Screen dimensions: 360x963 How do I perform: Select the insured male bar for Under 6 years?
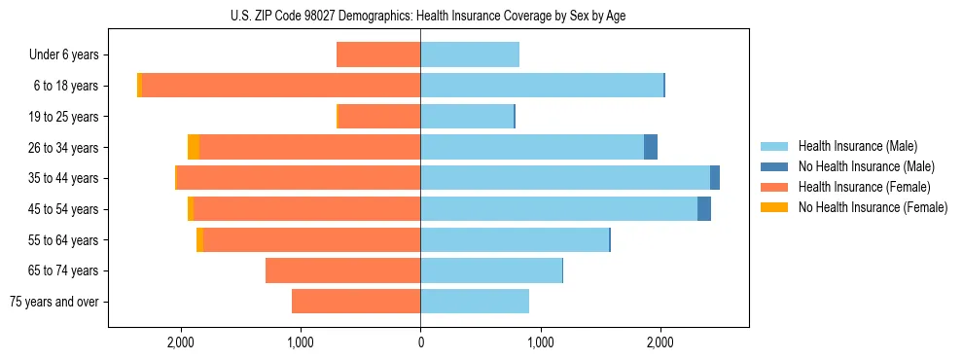[x=470, y=54]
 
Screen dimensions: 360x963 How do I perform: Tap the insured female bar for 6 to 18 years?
[x=281, y=86]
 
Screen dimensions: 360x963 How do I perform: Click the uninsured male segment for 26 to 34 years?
[x=651, y=147]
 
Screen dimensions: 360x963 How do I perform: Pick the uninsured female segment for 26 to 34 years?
[x=194, y=147]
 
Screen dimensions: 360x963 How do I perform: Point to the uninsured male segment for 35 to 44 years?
[x=715, y=178]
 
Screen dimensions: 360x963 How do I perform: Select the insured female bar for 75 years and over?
[x=356, y=302]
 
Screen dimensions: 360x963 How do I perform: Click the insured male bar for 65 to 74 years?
[x=491, y=270]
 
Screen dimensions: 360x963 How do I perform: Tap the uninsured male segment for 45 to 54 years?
[x=704, y=209]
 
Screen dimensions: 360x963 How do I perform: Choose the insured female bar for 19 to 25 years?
[x=379, y=117]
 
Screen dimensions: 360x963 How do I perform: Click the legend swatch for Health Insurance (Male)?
[x=774, y=146]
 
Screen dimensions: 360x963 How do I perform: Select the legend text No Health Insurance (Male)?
[x=866, y=166]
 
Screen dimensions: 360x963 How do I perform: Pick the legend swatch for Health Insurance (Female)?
[x=774, y=187]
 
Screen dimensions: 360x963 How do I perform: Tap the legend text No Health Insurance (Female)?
[x=873, y=207]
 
